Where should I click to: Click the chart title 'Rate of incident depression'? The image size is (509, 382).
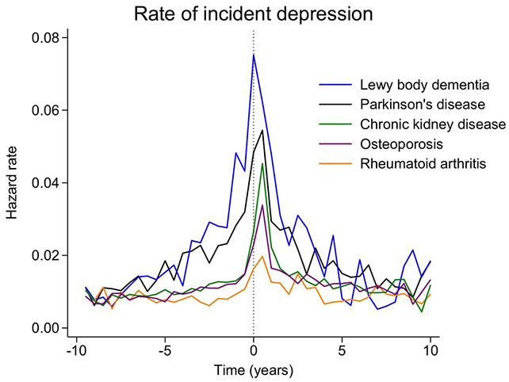point(253,14)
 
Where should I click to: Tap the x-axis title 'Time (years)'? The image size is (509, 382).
point(254,369)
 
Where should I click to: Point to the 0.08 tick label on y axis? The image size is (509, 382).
point(45,37)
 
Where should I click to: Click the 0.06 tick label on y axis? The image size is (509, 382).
point(45,110)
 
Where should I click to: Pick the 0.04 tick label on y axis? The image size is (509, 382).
point(45,183)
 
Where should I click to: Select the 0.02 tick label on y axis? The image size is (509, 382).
point(45,255)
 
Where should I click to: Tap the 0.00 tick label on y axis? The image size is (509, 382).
point(45,328)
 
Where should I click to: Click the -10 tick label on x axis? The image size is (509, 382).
point(76,350)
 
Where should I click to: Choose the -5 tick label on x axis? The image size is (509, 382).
point(165,350)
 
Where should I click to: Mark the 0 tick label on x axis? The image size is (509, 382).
point(254,350)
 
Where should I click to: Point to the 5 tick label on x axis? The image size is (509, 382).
point(342,350)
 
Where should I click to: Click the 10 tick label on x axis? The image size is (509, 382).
point(431,350)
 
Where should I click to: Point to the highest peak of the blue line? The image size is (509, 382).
point(254,54)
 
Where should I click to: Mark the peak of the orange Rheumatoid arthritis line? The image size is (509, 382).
point(262,256)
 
